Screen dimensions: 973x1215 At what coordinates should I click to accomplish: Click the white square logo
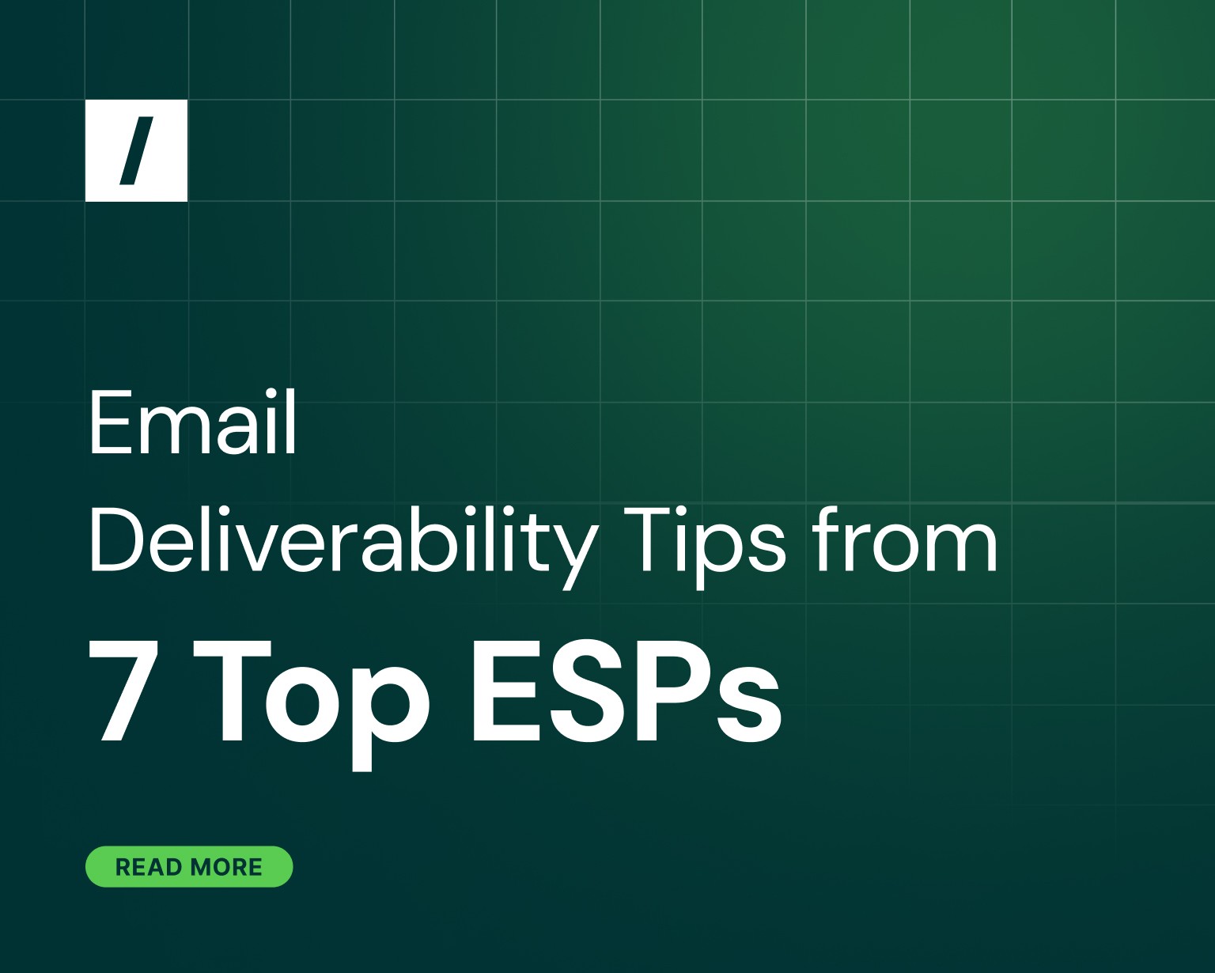[136, 150]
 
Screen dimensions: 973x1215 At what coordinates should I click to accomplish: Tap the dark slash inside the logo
[137, 150]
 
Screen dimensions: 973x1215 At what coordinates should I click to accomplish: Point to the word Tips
[705, 541]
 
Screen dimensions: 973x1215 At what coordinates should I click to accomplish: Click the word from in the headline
[905, 541]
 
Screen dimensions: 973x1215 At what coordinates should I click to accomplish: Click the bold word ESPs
[626, 690]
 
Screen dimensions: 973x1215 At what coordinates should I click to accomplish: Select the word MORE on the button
[226, 867]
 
